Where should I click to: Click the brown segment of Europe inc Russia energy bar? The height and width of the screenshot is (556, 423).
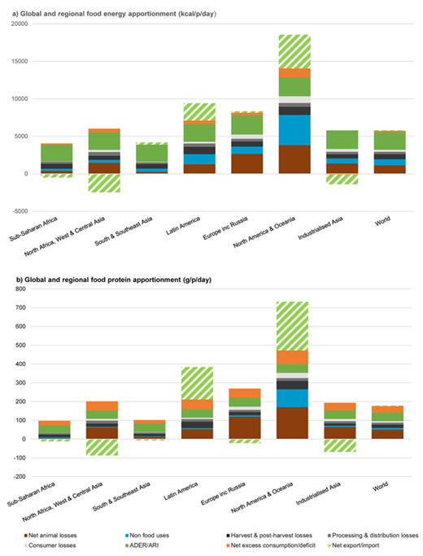coord(246,163)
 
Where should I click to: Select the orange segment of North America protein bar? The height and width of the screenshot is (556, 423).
coord(294,357)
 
